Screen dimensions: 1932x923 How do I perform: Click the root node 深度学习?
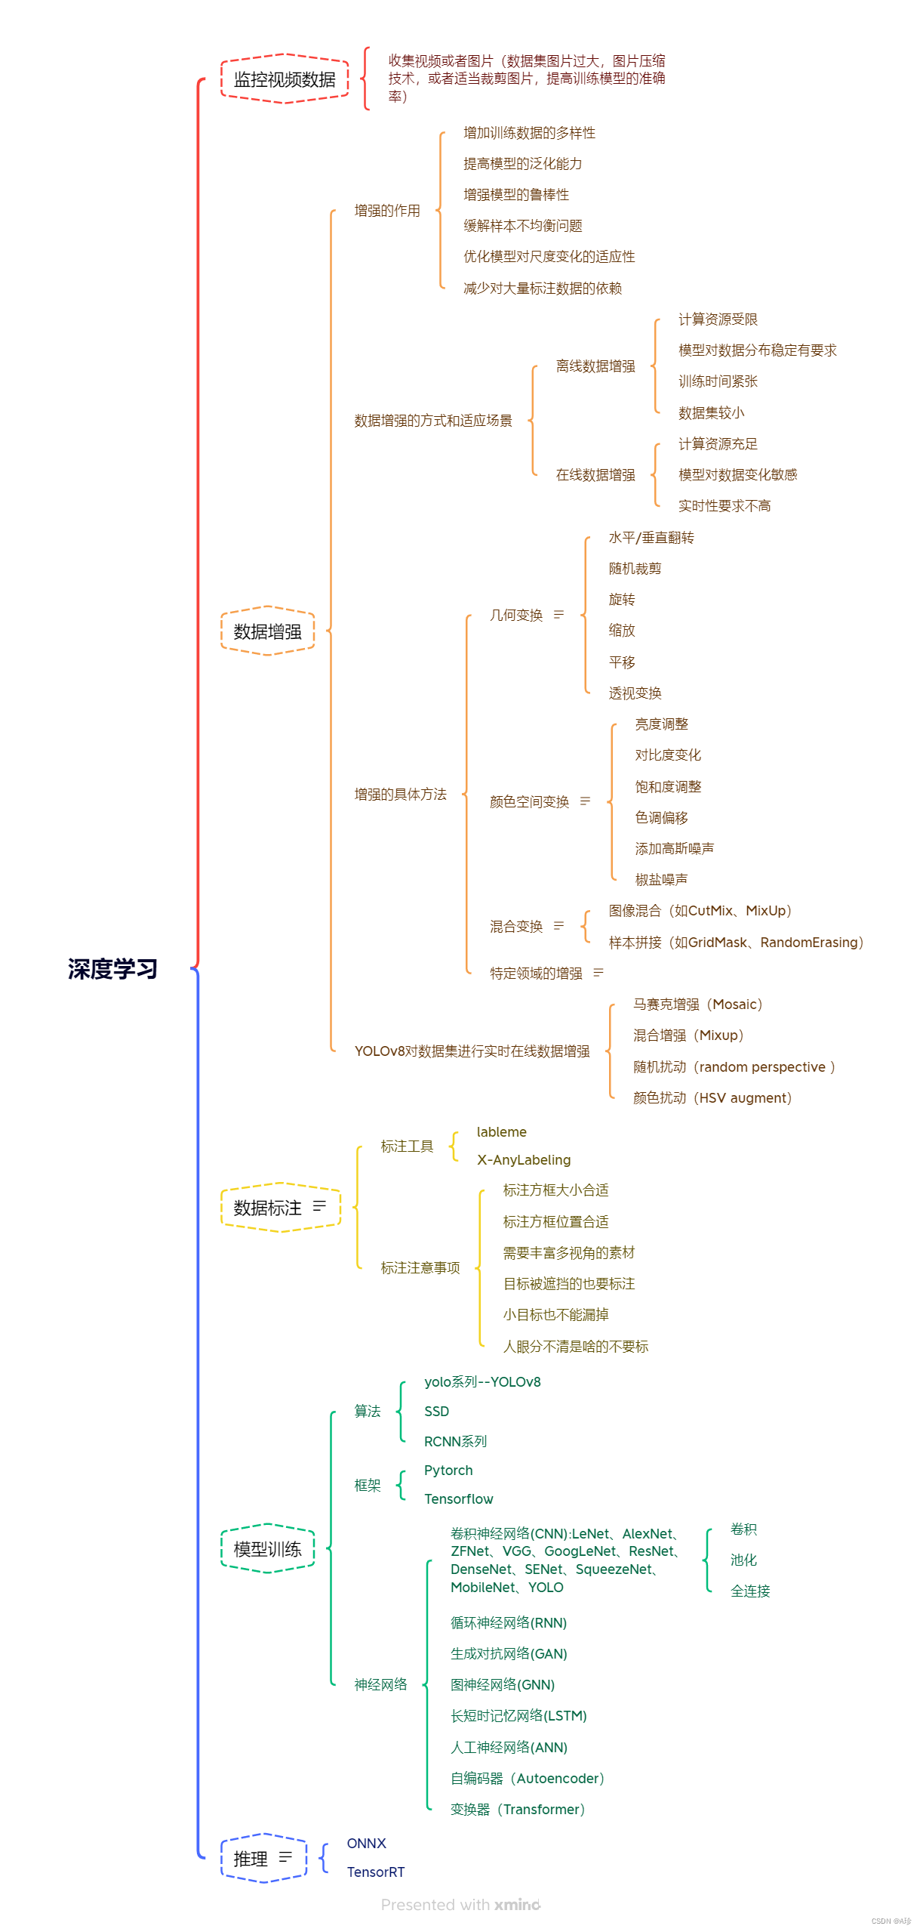112,968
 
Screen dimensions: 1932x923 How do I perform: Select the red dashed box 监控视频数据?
285,79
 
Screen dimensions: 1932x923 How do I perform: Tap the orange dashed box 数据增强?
267,631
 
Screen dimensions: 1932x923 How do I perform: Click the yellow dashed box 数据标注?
280,1208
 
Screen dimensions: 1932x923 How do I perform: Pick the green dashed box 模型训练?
267,1549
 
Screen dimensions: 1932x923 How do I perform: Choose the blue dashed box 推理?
263,1859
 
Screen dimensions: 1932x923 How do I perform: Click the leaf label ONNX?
366,1844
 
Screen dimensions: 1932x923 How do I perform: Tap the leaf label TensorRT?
375,1872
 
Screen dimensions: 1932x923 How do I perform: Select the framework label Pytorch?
448,1471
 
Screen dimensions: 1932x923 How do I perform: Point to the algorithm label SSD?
436,1412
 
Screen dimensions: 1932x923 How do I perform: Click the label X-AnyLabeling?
523,1160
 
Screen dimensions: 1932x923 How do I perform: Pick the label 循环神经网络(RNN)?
508,1623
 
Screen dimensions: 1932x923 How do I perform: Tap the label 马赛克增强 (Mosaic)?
697,1005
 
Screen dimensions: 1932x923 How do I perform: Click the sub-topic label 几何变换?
516,616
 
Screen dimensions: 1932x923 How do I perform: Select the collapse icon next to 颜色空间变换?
585,801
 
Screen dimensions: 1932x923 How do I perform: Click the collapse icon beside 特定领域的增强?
598,973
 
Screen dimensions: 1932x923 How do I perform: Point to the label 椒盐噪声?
661,880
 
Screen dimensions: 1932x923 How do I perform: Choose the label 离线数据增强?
595,366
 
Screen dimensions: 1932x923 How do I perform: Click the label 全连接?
749,1591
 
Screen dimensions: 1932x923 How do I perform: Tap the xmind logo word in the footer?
517,1905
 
